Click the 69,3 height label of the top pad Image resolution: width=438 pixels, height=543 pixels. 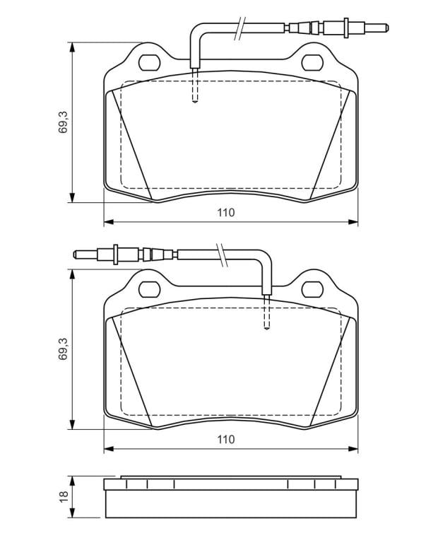pyautogui.click(x=64, y=122)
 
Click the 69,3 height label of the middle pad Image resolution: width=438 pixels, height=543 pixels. pyautogui.click(x=64, y=349)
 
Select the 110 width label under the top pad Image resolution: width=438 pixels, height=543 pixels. pyautogui.click(x=226, y=212)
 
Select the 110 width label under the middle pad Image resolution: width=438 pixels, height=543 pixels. pyautogui.click(x=226, y=440)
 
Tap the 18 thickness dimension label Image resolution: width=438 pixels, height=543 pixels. pyautogui.click(x=64, y=496)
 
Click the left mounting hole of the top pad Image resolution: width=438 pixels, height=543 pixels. pyautogui.click(x=149, y=63)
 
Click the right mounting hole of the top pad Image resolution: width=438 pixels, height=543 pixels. pyautogui.click(x=312, y=63)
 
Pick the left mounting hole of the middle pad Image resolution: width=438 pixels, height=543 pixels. pyautogui.click(x=149, y=289)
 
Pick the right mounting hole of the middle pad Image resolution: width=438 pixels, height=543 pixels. pyautogui.click(x=312, y=289)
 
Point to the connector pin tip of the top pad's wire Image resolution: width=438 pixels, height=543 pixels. pyautogui.click(x=387, y=28)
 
